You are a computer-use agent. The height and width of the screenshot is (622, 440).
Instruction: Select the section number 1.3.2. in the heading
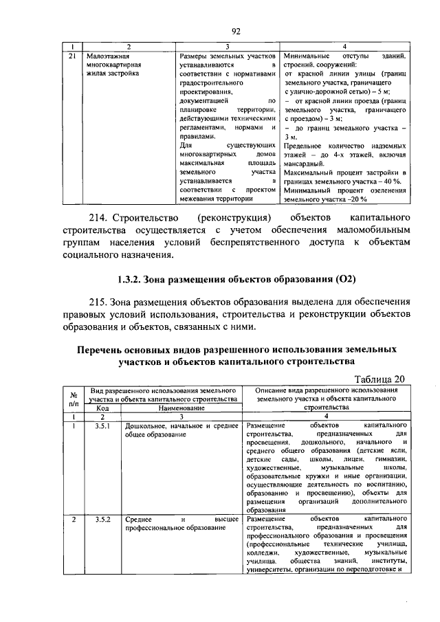coord(132,280)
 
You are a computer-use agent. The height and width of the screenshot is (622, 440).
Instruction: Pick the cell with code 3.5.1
coord(102,426)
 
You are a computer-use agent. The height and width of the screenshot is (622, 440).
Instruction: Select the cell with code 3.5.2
coord(102,520)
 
